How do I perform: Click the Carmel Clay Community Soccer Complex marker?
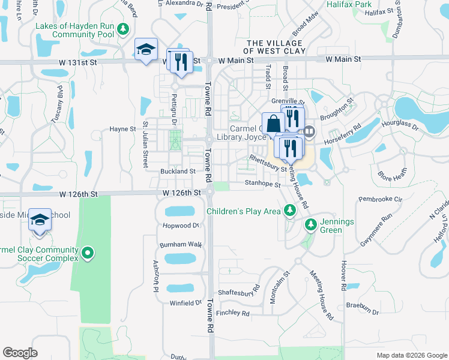(x=88, y=253)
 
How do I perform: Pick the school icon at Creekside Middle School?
(x=40, y=220)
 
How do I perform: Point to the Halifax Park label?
(x=350, y=4)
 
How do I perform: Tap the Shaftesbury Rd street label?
(x=239, y=287)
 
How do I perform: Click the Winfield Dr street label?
(x=185, y=303)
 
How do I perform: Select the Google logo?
(x=20, y=352)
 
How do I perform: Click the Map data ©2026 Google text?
(x=411, y=355)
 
